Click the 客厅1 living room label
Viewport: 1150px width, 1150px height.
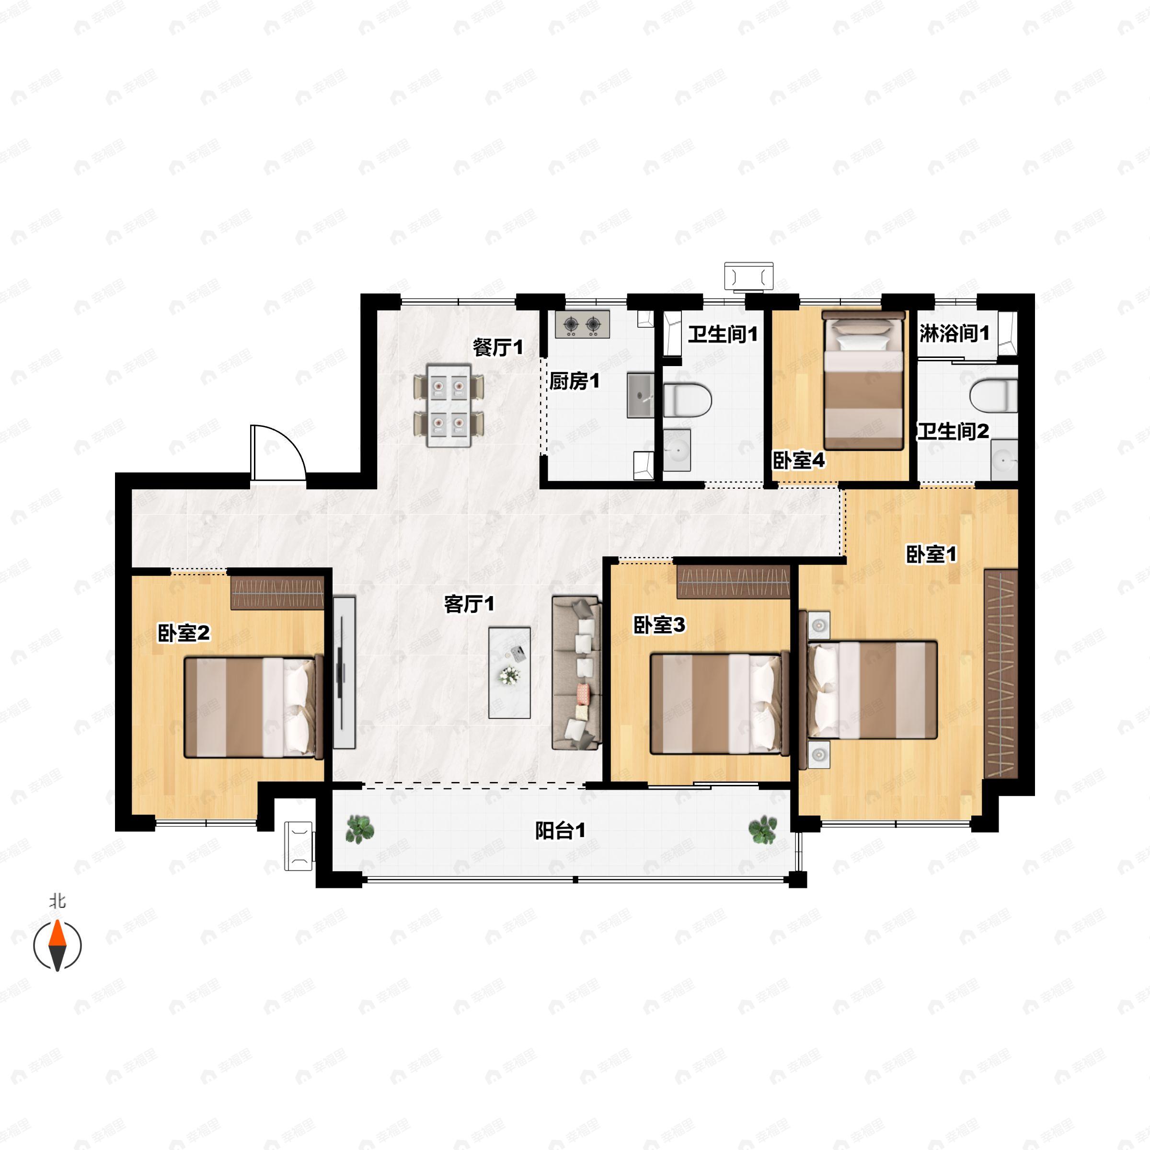point(469,604)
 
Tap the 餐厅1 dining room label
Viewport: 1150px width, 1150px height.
point(498,347)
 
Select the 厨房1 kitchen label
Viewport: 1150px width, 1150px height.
point(575,381)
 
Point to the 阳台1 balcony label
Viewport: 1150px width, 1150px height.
point(560,830)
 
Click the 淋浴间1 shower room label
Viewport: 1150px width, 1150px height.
point(954,333)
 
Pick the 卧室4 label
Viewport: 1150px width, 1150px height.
point(799,460)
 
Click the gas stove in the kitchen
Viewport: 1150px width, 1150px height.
point(582,324)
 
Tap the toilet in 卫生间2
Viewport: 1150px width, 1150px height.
point(993,395)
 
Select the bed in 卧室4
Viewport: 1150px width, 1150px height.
point(863,380)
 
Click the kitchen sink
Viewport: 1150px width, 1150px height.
point(641,395)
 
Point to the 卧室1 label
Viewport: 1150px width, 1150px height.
point(931,554)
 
